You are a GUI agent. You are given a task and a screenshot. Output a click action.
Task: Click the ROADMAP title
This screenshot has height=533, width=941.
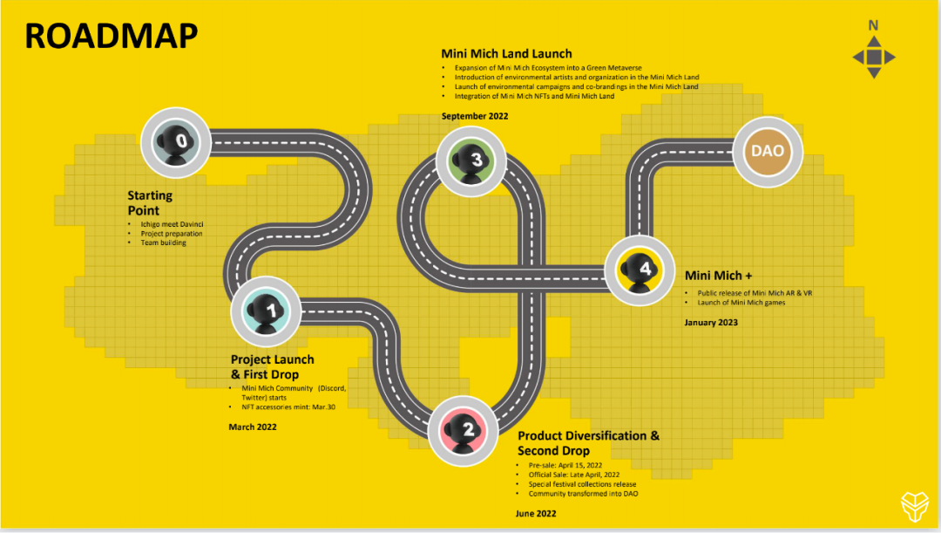pyautogui.click(x=111, y=36)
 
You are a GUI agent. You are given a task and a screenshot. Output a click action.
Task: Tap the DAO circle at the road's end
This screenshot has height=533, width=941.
pyautogui.click(x=768, y=151)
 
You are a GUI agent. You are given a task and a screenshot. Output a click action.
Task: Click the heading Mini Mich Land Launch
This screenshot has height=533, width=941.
pyautogui.click(x=506, y=54)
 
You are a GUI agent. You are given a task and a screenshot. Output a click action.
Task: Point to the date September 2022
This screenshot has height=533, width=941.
pyautogui.click(x=475, y=116)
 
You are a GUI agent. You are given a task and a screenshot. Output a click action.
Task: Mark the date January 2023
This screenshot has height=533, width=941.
pyautogui.click(x=711, y=323)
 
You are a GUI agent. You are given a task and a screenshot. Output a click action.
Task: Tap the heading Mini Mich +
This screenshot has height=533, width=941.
pyautogui.click(x=719, y=275)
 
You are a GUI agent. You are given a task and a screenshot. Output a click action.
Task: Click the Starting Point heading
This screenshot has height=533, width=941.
pyautogui.click(x=150, y=203)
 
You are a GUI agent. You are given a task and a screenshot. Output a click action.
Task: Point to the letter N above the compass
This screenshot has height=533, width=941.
pyautogui.click(x=873, y=25)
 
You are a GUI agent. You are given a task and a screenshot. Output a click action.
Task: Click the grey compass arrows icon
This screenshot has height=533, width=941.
pyautogui.click(x=874, y=58)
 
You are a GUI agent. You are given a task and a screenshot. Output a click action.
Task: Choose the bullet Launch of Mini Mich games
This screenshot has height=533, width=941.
pyautogui.click(x=738, y=303)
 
